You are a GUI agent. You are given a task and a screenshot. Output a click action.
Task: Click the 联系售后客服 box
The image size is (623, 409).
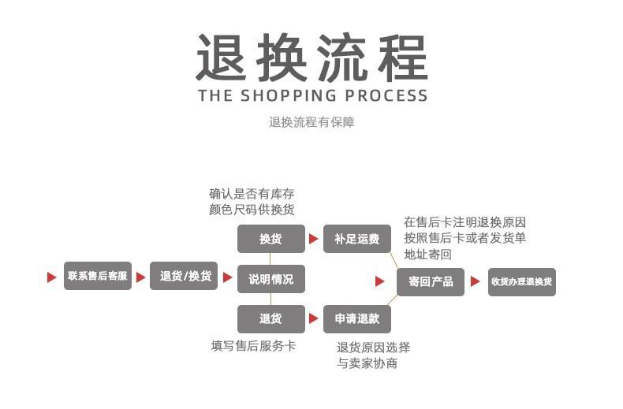(x=97, y=276)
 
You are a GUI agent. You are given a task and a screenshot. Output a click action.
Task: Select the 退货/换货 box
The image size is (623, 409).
(x=184, y=276)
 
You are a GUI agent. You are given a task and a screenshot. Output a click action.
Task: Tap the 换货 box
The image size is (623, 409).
(x=271, y=239)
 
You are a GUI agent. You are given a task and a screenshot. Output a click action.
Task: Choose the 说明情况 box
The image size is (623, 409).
(x=271, y=279)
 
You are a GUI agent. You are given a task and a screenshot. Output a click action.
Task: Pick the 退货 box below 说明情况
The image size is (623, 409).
(x=271, y=319)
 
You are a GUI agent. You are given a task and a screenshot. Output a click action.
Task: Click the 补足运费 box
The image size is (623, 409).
(x=357, y=239)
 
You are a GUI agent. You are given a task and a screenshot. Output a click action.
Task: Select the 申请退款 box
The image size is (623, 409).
(x=357, y=319)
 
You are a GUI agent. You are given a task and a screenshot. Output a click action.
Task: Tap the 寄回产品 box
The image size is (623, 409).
(x=431, y=282)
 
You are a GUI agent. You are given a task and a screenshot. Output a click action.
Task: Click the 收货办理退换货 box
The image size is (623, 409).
(x=522, y=282)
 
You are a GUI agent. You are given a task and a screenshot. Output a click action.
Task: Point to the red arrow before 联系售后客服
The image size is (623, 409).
(x=51, y=277)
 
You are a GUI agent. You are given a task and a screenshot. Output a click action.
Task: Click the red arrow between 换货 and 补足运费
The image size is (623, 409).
(x=314, y=239)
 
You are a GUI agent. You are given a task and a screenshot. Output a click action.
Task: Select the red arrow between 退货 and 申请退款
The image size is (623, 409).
(x=314, y=318)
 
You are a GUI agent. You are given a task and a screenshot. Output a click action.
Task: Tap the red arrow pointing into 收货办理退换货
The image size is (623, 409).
(x=476, y=281)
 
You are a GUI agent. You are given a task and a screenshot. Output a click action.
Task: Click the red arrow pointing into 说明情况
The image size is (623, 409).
(x=227, y=277)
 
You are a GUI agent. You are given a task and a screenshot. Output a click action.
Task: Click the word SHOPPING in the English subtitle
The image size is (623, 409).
(x=289, y=95)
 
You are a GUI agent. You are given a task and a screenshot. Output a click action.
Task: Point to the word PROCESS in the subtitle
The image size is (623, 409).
(x=386, y=95)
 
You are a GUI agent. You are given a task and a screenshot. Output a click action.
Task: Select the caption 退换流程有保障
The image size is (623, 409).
(x=311, y=122)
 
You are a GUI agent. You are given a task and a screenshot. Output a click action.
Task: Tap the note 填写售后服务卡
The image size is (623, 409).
(x=253, y=346)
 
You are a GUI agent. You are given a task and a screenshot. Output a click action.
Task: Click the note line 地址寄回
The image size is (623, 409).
(x=428, y=254)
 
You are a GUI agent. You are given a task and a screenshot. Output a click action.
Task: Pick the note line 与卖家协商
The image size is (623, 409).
(x=367, y=363)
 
